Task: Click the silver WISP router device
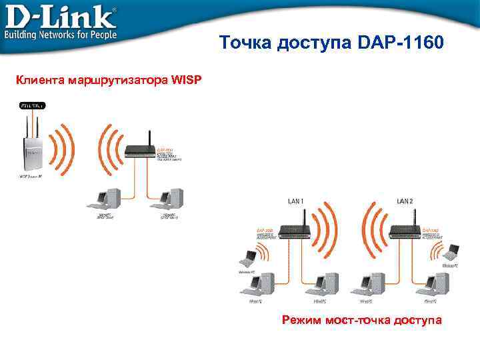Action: point(31,150)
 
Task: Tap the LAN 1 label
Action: point(295,201)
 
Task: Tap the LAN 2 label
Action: point(405,201)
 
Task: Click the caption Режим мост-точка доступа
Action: point(362,321)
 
